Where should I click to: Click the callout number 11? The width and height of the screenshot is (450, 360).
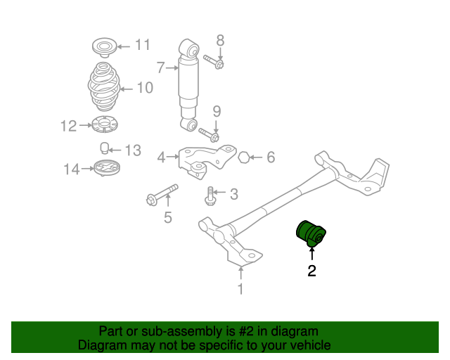click(x=143, y=46)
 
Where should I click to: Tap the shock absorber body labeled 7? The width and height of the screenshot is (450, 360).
click(x=189, y=84)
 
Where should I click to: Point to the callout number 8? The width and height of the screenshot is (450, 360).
click(x=219, y=40)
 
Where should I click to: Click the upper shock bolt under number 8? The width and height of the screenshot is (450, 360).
click(x=212, y=61)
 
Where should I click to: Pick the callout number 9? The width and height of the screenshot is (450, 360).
click(x=217, y=111)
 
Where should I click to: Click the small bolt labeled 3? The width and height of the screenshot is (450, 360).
click(x=209, y=195)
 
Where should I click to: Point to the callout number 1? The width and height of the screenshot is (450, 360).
click(x=240, y=288)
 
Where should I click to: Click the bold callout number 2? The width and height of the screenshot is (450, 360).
click(x=311, y=271)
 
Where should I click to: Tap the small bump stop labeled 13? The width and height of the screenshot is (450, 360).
click(x=103, y=148)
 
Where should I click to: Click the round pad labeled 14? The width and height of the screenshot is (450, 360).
click(x=108, y=169)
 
